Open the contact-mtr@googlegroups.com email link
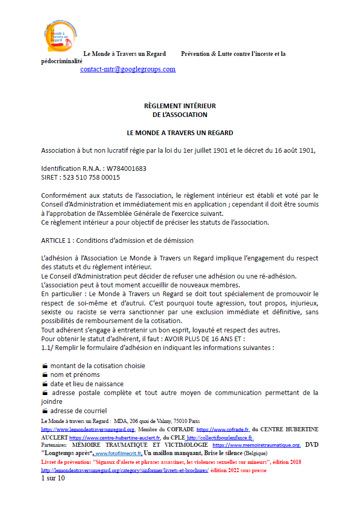(128, 69)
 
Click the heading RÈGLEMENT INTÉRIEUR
(179, 106)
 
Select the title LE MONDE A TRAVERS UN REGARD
(179, 133)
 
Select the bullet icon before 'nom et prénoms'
(45, 375)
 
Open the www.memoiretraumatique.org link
(257, 445)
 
